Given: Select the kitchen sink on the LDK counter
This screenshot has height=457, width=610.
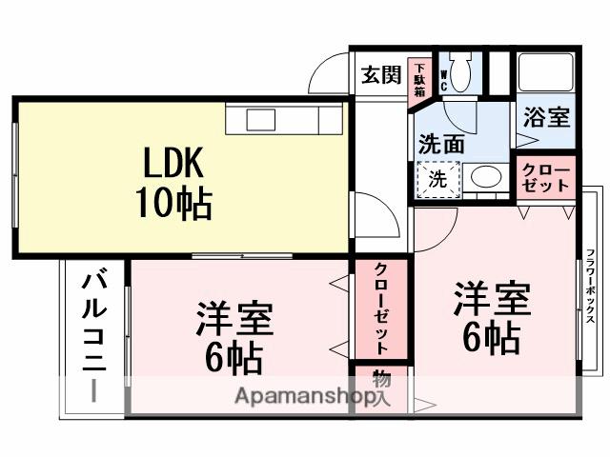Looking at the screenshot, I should (260, 119).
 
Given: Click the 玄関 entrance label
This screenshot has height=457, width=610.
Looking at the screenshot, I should (380, 75).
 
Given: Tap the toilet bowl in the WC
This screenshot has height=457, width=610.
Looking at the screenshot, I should (460, 74).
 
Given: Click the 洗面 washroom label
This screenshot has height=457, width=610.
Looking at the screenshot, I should (440, 145).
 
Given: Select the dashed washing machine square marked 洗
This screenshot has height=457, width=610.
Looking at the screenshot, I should (437, 177).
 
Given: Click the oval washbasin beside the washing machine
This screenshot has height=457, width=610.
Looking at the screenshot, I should (487, 177).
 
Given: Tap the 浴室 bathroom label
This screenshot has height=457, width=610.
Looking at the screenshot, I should (546, 118).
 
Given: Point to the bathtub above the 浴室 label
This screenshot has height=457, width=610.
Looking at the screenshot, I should (545, 71).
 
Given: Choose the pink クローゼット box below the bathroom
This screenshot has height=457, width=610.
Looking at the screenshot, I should (546, 177).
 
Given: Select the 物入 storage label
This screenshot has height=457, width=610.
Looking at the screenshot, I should (380, 389).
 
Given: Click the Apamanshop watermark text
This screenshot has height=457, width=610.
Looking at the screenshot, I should (297, 396).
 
